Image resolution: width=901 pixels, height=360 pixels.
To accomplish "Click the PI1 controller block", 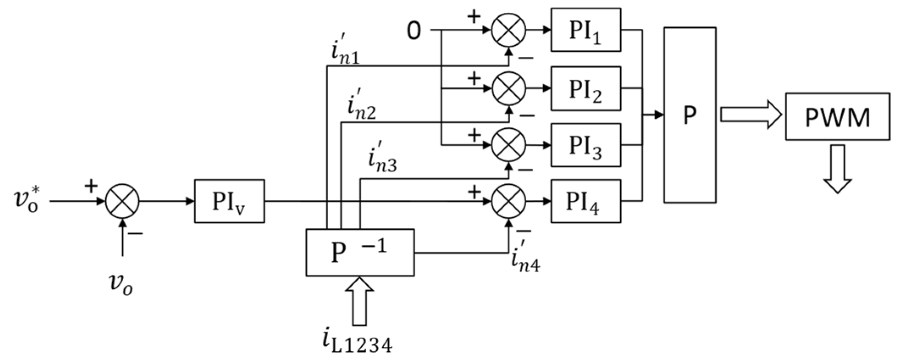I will (x=586, y=30).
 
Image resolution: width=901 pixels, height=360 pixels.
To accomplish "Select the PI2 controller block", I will (x=586, y=89).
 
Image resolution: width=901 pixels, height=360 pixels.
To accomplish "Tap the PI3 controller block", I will (x=586, y=145).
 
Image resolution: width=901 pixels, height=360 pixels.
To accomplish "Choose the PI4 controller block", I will (x=586, y=201).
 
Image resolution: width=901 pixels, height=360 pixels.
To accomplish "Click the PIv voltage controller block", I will (x=229, y=201).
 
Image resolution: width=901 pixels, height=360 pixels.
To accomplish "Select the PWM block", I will (x=837, y=116).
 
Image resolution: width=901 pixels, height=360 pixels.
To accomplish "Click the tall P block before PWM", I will (x=690, y=115).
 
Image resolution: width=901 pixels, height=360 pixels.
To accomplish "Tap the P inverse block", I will (x=360, y=253).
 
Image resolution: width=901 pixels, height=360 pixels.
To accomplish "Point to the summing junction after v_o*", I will (x=122, y=201).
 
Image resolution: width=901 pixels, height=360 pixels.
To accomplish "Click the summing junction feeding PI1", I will (x=509, y=30).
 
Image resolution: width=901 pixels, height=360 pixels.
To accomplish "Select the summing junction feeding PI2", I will (x=509, y=89).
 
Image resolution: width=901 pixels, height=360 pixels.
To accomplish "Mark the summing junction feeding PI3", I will (x=509, y=145).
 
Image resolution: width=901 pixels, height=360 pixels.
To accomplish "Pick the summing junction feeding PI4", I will (x=509, y=201).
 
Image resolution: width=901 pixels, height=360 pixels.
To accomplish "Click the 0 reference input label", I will (x=414, y=31).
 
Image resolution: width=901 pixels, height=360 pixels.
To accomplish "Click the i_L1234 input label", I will (x=356, y=342).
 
